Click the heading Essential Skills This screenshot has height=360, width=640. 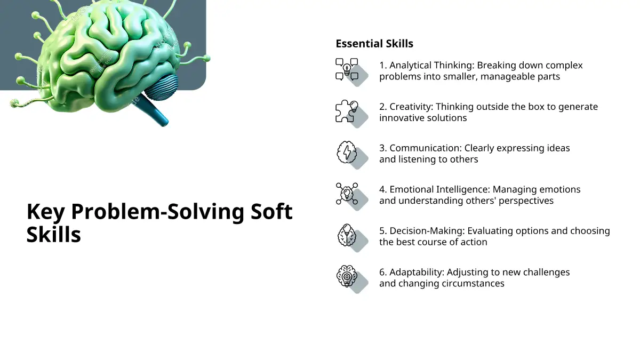tap(374, 44)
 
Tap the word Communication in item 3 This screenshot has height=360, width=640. tap(426, 148)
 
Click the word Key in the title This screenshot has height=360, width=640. tap(45, 212)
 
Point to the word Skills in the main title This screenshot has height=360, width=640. tap(54, 235)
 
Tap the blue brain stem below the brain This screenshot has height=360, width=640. tap(152, 110)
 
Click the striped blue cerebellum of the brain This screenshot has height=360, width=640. tap(162, 87)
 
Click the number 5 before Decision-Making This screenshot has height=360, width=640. tap(382, 231)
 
